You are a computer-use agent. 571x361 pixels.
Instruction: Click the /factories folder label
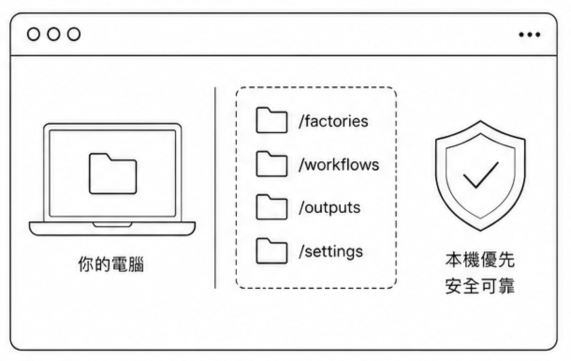click(x=333, y=121)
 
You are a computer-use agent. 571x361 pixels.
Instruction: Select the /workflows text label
click(x=339, y=165)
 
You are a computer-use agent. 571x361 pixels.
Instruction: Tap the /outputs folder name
click(x=329, y=208)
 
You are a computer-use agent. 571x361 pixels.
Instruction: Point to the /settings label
click(x=331, y=252)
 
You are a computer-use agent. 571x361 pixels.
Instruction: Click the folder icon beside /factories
click(x=272, y=120)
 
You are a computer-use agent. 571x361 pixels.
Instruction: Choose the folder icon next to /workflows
click(x=272, y=164)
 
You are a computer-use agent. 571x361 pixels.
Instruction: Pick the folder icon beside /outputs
click(x=272, y=207)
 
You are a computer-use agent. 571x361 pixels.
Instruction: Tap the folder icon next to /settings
click(x=272, y=251)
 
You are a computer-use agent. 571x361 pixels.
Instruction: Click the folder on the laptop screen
click(x=113, y=173)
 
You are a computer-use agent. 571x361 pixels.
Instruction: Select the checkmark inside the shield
click(x=481, y=175)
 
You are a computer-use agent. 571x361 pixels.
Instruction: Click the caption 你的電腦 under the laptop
click(x=111, y=264)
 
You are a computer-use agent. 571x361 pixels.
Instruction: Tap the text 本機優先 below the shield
click(x=480, y=260)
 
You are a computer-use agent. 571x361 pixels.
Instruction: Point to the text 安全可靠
click(x=480, y=286)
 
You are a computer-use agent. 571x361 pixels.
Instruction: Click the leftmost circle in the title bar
click(x=34, y=34)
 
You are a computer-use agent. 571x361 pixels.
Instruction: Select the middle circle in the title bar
click(x=54, y=34)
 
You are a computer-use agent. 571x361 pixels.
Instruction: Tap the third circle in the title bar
click(x=74, y=34)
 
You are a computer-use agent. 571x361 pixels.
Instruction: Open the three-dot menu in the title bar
click(x=530, y=35)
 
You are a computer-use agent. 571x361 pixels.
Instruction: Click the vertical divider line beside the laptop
click(x=215, y=188)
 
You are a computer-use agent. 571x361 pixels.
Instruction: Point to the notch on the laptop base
click(x=112, y=225)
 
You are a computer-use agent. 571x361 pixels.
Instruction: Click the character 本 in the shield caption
click(x=454, y=260)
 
